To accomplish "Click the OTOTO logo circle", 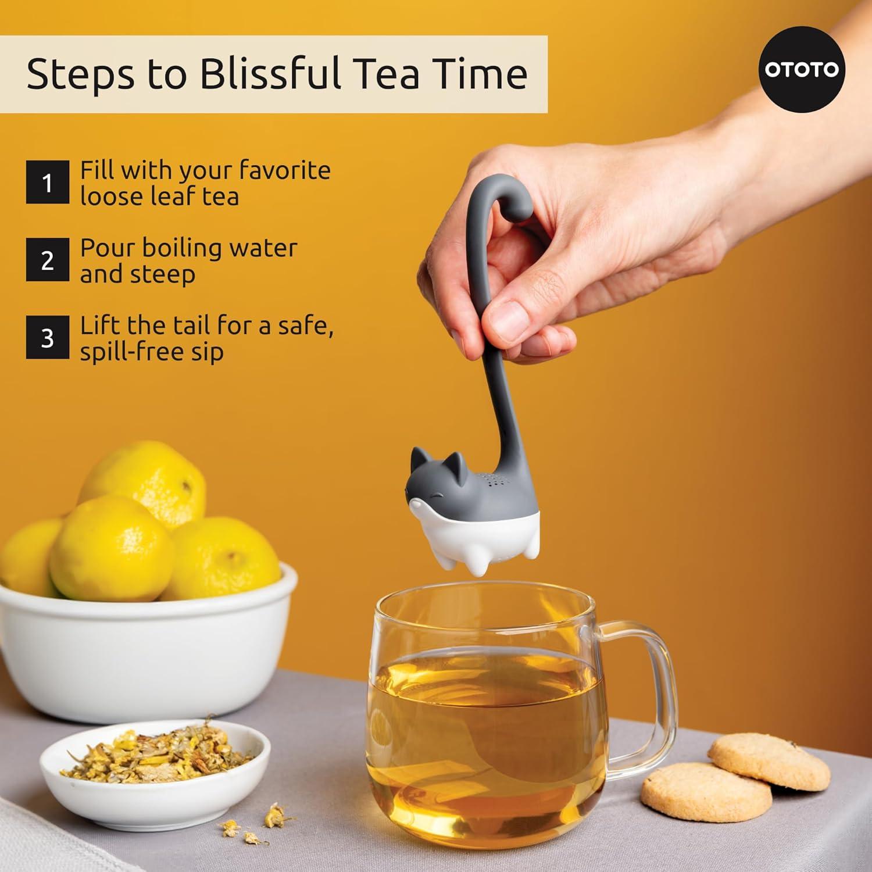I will (802, 69).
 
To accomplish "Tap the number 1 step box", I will (47, 183).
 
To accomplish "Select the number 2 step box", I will (47, 260).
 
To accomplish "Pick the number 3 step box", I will (47, 338).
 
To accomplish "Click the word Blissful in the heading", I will (270, 74).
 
